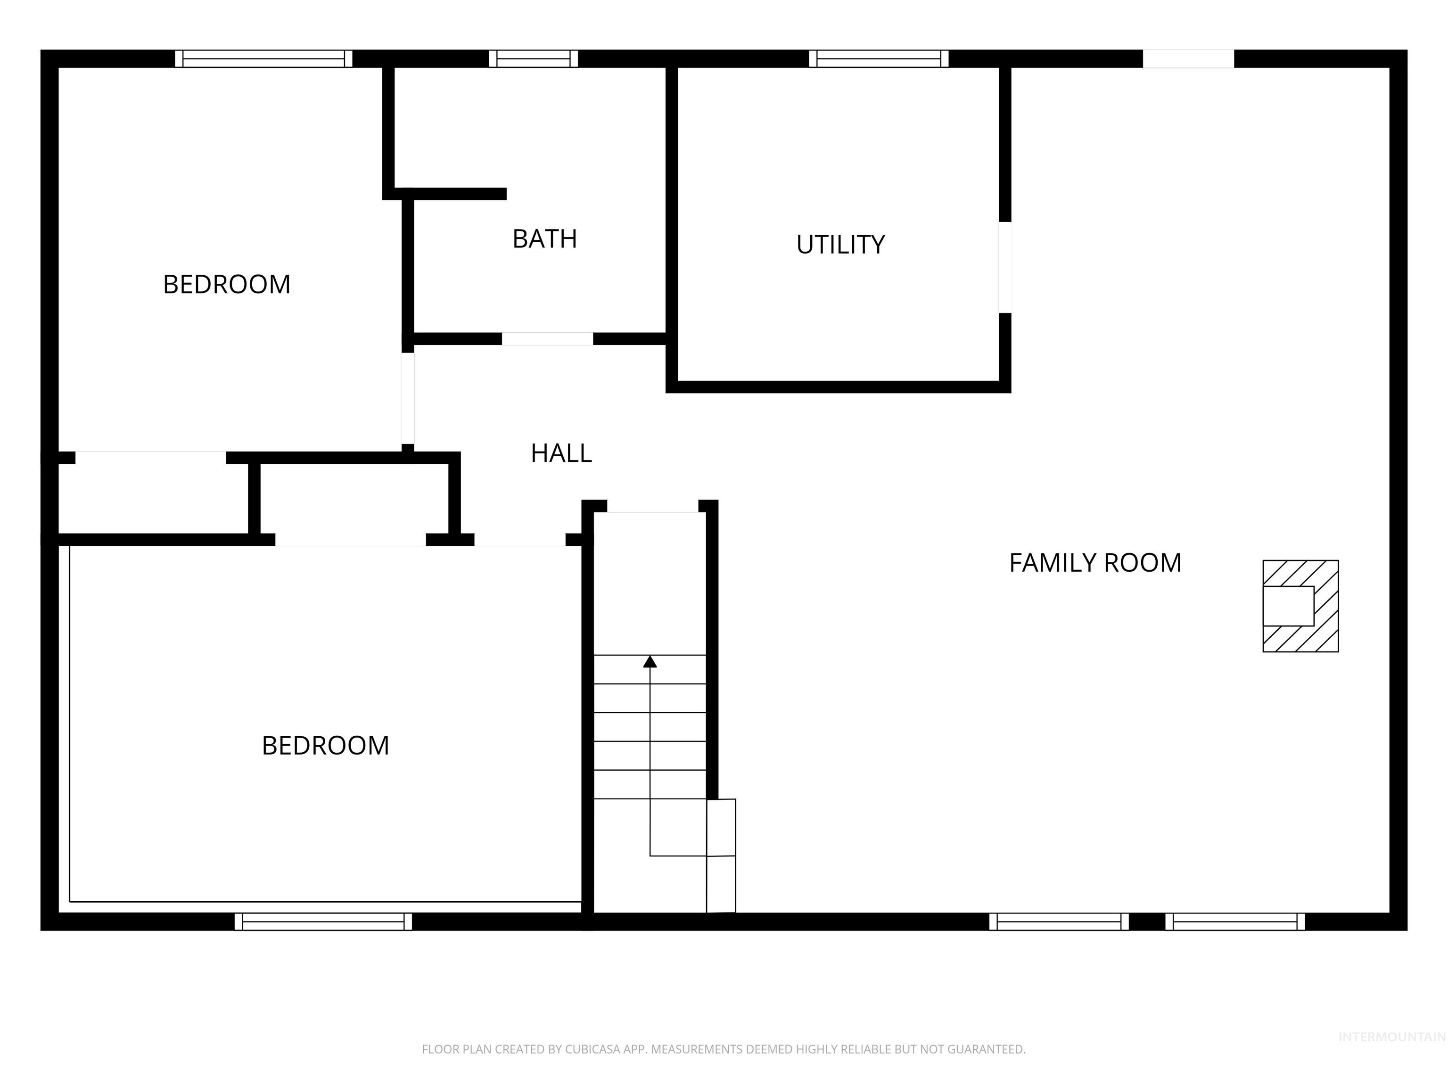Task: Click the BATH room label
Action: point(544,239)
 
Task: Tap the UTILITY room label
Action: point(840,245)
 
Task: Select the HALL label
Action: point(561,453)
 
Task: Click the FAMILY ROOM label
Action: point(1094,563)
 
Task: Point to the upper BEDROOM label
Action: point(227,285)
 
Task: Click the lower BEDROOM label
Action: point(325,746)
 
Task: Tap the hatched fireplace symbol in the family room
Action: point(1300,606)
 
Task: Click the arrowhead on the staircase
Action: point(650,662)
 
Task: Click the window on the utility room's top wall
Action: point(879,59)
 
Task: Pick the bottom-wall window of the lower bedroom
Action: point(323,921)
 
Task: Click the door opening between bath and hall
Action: point(547,339)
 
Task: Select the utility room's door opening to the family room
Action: point(1005,267)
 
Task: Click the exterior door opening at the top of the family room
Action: point(1188,59)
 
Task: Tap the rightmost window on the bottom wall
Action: point(1234,921)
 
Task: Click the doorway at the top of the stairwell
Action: point(653,507)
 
